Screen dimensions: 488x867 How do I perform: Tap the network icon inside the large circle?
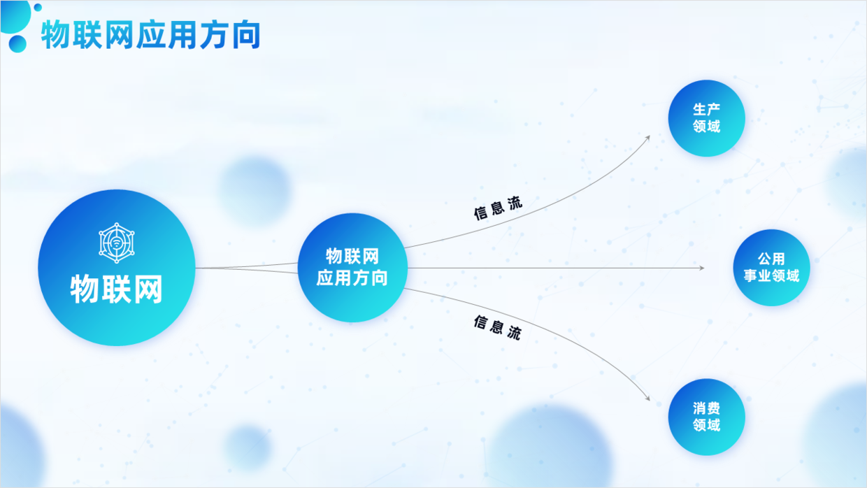click(116, 243)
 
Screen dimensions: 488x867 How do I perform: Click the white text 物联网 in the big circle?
click(116, 288)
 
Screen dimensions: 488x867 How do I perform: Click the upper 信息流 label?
click(498, 208)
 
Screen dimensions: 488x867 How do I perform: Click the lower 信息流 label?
click(497, 327)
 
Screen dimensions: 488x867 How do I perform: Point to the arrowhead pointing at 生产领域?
click(647, 138)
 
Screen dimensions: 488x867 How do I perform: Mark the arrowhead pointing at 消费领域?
click(647, 399)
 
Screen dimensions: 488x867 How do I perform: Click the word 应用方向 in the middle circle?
click(352, 278)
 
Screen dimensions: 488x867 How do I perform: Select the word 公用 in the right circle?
click(771, 259)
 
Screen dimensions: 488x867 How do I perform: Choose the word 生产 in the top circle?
click(707, 109)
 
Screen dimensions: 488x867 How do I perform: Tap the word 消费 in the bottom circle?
click(707, 408)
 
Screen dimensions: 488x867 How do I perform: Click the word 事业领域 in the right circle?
click(771, 275)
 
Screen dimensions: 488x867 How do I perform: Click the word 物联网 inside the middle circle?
click(352, 257)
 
